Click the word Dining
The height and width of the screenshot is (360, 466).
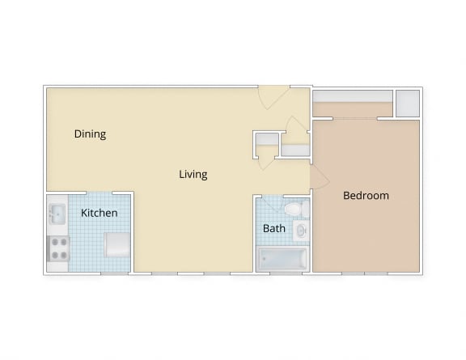pos(90,134)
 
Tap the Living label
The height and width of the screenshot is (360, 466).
pos(193,174)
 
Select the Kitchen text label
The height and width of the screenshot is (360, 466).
pos(100,213)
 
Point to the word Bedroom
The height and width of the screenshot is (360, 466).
pos(366,196)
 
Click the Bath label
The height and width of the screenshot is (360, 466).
pos(274,228)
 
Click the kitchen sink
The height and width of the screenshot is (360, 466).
pos(57,214)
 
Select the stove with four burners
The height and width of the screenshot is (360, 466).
pos(57,248)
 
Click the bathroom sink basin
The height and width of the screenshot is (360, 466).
pos(301,232)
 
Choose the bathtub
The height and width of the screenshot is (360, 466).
pos(282,259)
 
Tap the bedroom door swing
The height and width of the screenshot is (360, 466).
pos(318,177)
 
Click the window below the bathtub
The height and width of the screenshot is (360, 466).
pos(282,273)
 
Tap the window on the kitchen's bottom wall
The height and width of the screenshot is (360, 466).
pos(114,273)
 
